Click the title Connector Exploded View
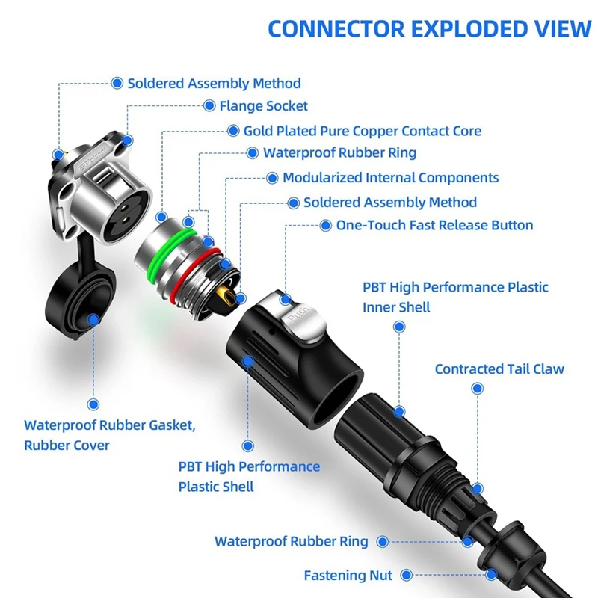pyautogui.click(x=429, y=28)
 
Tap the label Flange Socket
pyautogui.click(x=263, y=106)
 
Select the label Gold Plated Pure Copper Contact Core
pyautogui.click(x=362, y=131)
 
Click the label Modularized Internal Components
pyautogui.click(x=390, y=178)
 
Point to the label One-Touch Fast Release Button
pyautogui.click(x=434, y=225)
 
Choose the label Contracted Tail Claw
pyautogui.click(x=499, y=369)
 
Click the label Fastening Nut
pyautogui.click(x=348, y=576)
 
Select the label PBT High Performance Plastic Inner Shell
pyautogui.click(x=455, y=297)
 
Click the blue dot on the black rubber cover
pyautogui.click(x=94, y=320)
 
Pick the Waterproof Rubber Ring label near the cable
pyautogui.click(x=291, y=541)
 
